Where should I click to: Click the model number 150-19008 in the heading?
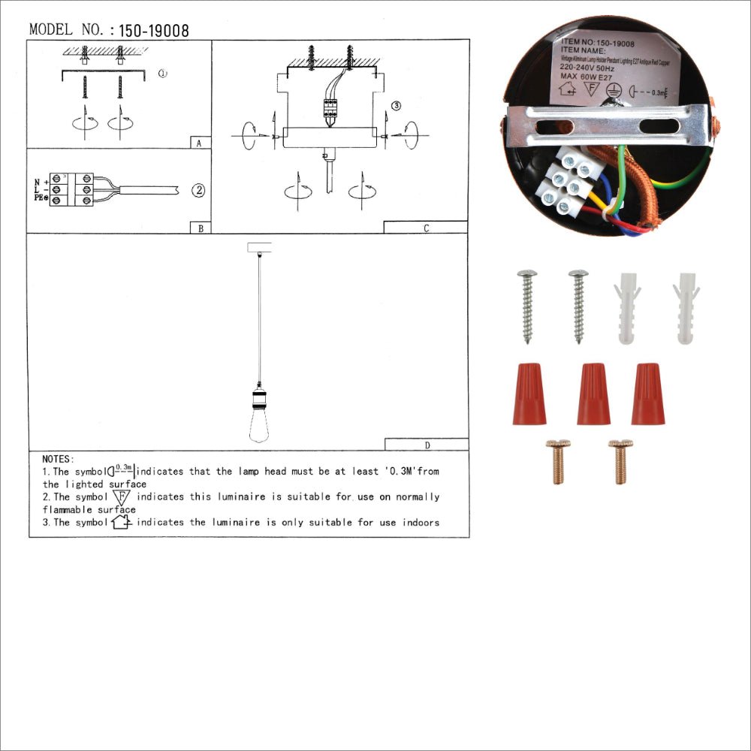pyautogui.click(x=154, y=31)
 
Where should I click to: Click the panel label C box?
pyautogui.click(x=426, y=228)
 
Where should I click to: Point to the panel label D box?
pyautogui.click(x=427, y=445)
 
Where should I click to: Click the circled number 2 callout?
pyautogui.click(x=198, y=190)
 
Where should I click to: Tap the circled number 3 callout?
pyautogui.click(x=396, y=106)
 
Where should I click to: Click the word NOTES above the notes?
pyautogui.click(x=58, y=459)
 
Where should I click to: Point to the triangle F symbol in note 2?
pyautogui.click(x=121, y=497)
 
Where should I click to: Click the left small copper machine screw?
pyautogui.click(x=557, y=461)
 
